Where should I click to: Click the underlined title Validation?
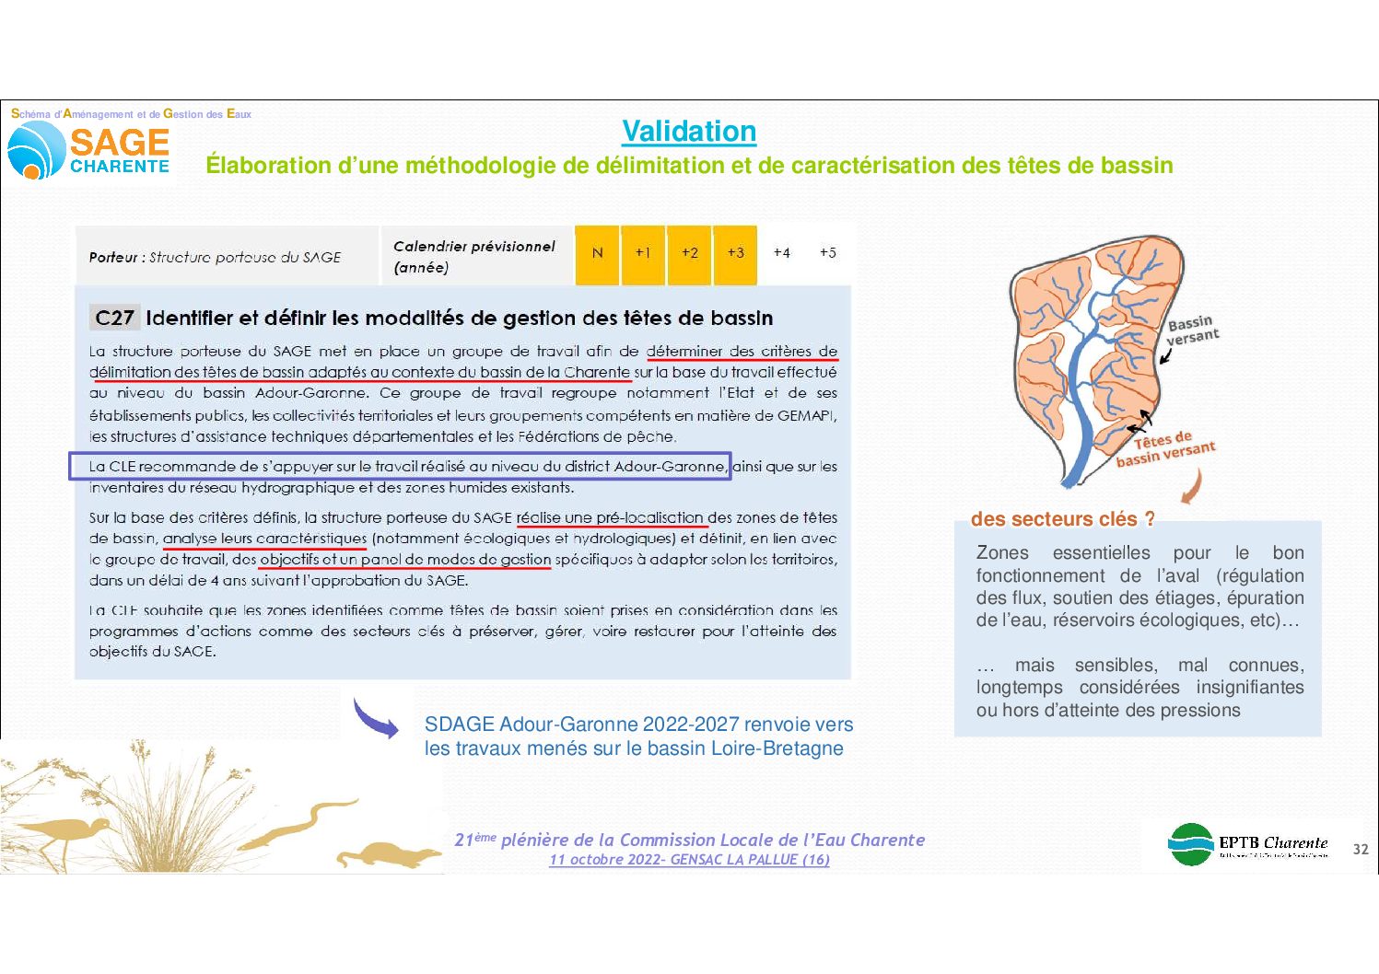click(689, 132)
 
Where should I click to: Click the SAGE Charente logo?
click(89, 149)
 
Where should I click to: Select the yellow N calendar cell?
click(598, 253)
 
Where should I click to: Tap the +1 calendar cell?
click(643, 253)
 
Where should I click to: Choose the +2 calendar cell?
click(689, 253)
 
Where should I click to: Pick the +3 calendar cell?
click(735, 253)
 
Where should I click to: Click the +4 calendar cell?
click(781, 253)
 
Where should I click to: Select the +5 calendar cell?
click(827, 253)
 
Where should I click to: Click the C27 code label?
click(115, 319)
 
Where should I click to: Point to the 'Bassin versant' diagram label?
click(1192, 330)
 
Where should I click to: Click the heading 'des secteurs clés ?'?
click(1062, 519)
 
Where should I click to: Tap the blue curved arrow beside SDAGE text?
click(376, 719)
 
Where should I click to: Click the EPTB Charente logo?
click(1248, 844)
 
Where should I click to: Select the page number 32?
click(1360, 849)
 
